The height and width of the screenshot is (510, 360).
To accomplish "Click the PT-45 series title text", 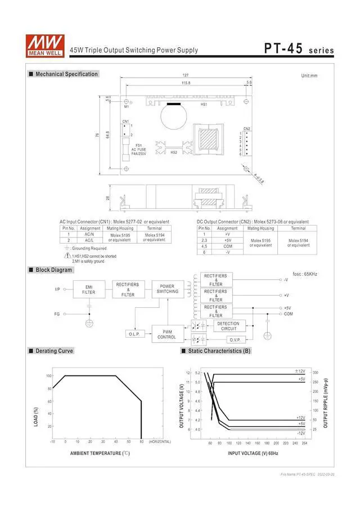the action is (x=299, y=49).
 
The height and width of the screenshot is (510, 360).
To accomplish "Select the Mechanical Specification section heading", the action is (x=66, y=74).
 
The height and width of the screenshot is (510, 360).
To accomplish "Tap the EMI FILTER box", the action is (x=89, y=289).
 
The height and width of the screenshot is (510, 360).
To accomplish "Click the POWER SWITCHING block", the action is (x=167, y=289).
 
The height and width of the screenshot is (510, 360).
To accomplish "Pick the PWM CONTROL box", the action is (x=166, y=334).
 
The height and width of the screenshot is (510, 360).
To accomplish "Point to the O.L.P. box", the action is (x=134, y=334).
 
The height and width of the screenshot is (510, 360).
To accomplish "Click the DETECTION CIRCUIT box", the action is (x=228, y=326).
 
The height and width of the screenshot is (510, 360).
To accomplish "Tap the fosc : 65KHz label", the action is (x=305, y=274).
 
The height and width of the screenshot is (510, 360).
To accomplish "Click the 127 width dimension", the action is (x=185, y=76).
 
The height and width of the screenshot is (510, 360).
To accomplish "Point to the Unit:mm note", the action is (x=309, y=75).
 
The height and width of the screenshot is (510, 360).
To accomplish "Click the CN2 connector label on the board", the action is (x=247, y=128).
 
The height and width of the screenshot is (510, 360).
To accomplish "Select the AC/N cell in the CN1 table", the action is (x=89, y=234).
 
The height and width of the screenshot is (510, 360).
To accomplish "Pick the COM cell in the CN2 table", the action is (x=227, y=246).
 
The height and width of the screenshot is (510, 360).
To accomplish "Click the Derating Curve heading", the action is (x=54, y=351).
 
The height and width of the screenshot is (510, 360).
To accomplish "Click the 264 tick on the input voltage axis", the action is (x=304, y=443).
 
